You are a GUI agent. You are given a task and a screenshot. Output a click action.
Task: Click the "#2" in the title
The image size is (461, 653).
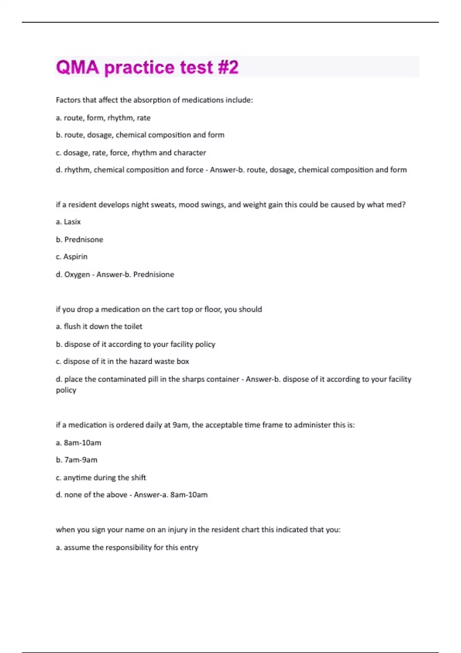click(x=228, y=67)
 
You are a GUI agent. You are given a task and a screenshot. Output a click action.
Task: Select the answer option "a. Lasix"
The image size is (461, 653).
click(x=68, y=222)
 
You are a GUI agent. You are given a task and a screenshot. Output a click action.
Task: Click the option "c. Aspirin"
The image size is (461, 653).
click(x=71, y=257)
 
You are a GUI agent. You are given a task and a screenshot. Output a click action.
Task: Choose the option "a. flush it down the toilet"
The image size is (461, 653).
click(x=99, y=326)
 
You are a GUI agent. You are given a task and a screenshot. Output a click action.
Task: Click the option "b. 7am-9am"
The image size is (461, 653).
click(x=76, y=460)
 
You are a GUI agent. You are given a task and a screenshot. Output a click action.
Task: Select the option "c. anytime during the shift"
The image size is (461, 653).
click(x=101, y=477)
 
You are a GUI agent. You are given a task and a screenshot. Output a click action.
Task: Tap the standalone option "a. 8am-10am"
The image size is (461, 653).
click(x=78, y=443)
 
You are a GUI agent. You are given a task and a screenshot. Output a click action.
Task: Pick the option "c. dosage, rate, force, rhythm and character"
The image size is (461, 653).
click(x=131, y=152)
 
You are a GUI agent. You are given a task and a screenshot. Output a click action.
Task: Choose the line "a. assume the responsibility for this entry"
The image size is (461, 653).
click(x=127, y=547)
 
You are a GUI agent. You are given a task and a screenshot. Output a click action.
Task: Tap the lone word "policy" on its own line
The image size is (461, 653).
click(x=66, y=390)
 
